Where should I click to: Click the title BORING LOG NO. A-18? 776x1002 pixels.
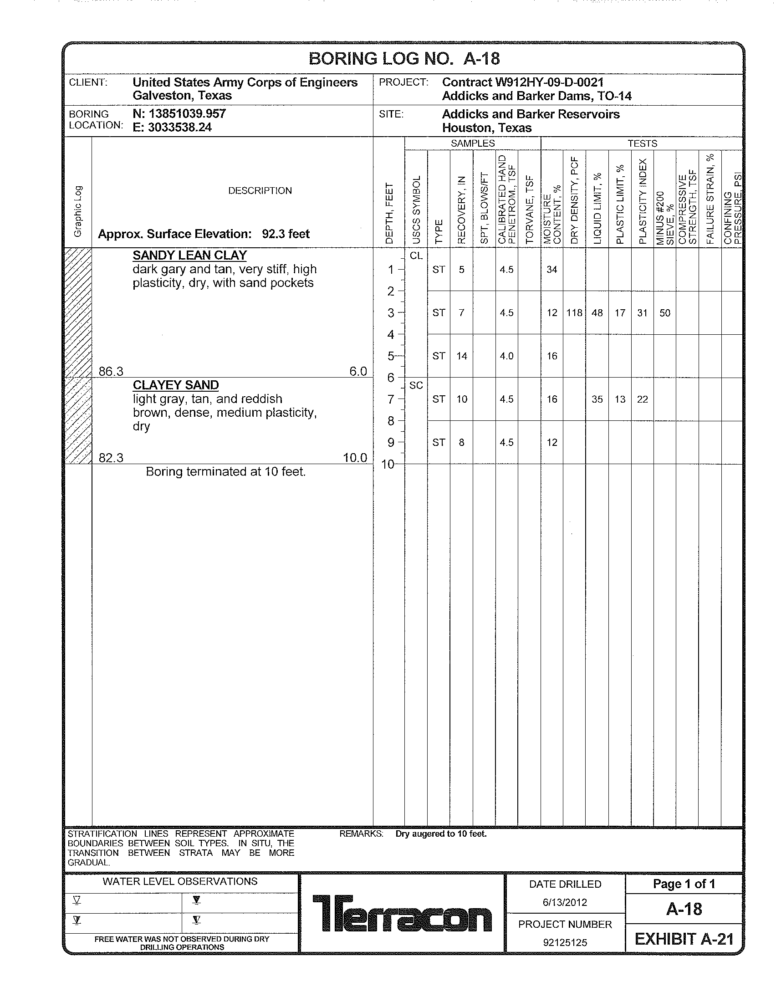[x=403, y=59]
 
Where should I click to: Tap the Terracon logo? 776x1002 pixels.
[x=402, y=913]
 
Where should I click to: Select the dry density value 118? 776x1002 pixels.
[x=574, y=313]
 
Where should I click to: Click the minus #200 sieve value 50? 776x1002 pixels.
[x=664, y=313]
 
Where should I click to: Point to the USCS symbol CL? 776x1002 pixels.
[x=416, y=256]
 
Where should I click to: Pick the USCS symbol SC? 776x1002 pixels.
[x=416, y=385]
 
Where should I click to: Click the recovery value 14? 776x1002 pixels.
[x=461, y=356]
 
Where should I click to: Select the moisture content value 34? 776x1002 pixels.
[x=552, y=270]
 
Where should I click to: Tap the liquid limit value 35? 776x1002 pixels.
[x=597, y=399]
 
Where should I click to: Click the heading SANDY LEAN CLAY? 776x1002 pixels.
[x=190, y=256]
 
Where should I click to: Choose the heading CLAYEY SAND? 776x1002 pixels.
[x=176, y=385]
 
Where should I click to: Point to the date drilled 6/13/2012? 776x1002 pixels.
[x=565, y=902]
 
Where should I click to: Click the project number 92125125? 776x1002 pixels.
[x=565, y=943]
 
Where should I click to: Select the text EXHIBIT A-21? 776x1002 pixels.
[x=684, y=940]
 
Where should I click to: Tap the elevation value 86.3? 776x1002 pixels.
[x=111, y=372]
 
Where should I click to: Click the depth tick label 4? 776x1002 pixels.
[x=391, y=335]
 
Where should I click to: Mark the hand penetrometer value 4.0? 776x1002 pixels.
[x=506, y=356]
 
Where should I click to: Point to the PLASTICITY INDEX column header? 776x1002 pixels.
[x=643, y=201]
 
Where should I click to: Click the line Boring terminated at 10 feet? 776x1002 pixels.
[x=225, y=472]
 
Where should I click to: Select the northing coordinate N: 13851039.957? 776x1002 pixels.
[x=179, y=113]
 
